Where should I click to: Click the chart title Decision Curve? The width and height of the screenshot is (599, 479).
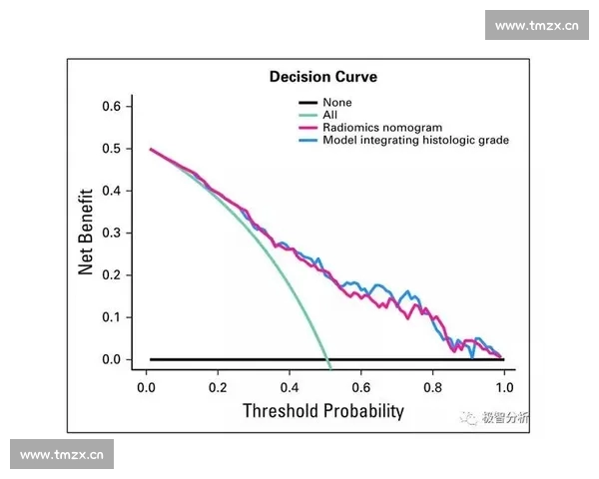click(323, 77)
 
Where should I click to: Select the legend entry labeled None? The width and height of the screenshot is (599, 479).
click(336, 103)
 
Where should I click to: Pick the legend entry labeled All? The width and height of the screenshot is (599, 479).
click(329, 115)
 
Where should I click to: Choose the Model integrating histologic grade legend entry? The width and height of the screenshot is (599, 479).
click(415, 141)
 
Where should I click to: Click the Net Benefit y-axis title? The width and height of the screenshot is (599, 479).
click(87, 232)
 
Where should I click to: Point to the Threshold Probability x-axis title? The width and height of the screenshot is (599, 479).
click(323, 410)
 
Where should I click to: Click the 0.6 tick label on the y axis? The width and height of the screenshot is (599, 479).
click(111, 106)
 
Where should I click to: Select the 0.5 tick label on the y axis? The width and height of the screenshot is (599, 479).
click(111, 149)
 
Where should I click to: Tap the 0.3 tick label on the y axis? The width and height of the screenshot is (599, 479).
click(111, 233)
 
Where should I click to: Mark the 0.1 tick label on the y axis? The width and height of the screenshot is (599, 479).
click(111, 317)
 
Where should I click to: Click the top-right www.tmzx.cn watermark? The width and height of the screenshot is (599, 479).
click(537, 26)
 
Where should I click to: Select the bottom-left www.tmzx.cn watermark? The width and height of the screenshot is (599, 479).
click(62, 455)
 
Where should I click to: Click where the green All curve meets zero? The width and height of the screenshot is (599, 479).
click(328, 359)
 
